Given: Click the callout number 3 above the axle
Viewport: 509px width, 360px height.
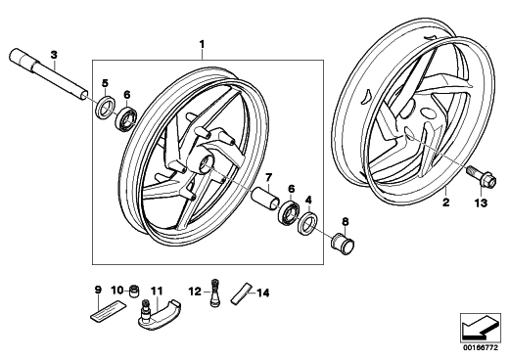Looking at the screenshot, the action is (54, 55).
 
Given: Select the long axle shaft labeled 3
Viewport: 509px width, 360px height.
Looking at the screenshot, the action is (49, 73).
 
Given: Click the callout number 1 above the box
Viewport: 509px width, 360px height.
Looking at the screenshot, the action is (202, 44).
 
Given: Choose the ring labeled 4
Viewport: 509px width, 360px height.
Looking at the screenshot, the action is (308, 223).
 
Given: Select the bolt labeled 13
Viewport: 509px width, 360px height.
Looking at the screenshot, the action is (482, 175).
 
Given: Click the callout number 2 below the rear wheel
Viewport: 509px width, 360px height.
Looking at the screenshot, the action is (445, 202).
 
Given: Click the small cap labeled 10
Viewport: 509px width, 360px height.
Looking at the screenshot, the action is (134, 291).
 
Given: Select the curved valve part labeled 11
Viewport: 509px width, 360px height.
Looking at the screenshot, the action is (159, 314).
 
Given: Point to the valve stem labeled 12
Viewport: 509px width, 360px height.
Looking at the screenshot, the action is (214, 292).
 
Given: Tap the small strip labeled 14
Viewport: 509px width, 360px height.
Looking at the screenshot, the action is (242, 293).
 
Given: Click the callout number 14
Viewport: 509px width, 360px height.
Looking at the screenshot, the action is (263, 293).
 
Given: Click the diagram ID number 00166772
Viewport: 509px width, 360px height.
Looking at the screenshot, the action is (482, 348).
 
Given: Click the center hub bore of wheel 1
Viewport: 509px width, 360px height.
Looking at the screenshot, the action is (207, 162).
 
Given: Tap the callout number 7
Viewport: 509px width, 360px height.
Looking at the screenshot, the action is (268, 178).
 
